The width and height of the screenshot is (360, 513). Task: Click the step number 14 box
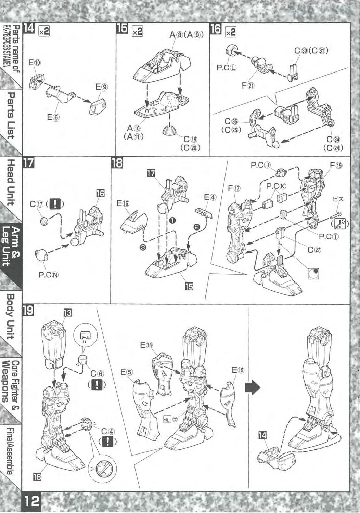(29, 29)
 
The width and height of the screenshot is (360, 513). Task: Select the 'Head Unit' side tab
(11, 182)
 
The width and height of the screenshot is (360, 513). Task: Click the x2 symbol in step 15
(137, 31)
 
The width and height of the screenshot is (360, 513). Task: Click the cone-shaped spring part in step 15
(170, 130)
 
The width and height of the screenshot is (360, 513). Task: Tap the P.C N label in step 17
(44, 274)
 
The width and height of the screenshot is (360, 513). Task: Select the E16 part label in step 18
(123, 203)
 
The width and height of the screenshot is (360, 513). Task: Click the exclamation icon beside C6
(97, 385)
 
